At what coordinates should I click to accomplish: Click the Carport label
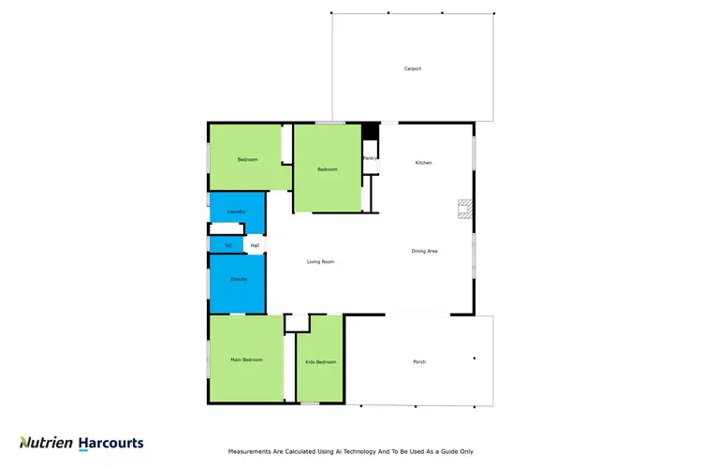[x=412, y=69]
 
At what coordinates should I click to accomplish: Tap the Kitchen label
[x=424, y=163]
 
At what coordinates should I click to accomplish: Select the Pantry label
[x=370, y=159]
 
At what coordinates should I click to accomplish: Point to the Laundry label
[x=236, y=212]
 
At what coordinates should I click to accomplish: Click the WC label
[x=227, y=245]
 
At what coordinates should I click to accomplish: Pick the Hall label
[x=254, y=245]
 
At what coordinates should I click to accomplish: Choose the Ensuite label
[x=240, y=280]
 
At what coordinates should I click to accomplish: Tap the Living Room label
[x=320, y=262]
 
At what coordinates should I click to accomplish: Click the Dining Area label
[x=425, y=251]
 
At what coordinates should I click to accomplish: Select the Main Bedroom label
[x=246, y=359]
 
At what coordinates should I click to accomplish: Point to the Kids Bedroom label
[x=320, y=361]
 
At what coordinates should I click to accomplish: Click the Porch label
[x=419, y=361]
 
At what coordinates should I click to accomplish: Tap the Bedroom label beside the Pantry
[x=327, y=169]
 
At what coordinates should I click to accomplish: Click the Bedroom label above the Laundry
[x=247, y=160]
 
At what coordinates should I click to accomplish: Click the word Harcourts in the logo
[x=110, y=443]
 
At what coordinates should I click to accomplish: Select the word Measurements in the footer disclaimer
[x=252, y=451]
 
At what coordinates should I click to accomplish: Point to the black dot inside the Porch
[x=475, y=358]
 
